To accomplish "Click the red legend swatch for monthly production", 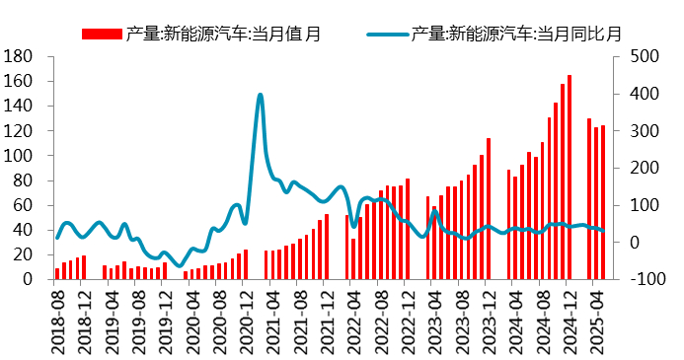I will [x=103, y=35].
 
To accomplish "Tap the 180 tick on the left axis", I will [x=22, y=56].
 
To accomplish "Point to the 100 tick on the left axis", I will [x=22, y=156].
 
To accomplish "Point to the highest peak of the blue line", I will [x=260, y=96].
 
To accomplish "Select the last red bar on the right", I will [x=603, y=202].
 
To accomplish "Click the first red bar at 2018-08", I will [x=57, y=273].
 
